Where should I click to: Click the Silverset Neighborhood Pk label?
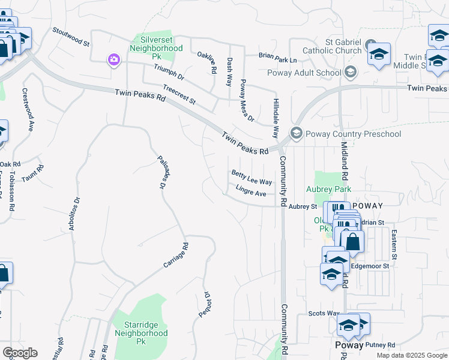pyautogui.click(x=157, y=47)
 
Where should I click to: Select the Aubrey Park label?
pyautogui.click(x=328, y=189)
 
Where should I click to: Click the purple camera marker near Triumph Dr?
pyautogui.click(x=113, y=59)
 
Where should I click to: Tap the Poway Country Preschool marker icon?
pyautogui.click(x=296, y=133)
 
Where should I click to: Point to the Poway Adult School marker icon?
pyautogui.click(x=351, y=73)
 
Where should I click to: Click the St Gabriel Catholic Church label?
pyautogui.click(x=343, y=47)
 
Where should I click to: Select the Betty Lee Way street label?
pyautogui.click(x=252, y=177)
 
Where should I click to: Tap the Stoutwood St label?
pyautogui.click(x=71, y=37)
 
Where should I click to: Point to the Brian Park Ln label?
pyautogui.click(x=278, y=58)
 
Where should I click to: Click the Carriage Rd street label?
pyautogui.click(x=176, y=256)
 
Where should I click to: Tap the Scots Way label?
pyautogui.click(x=324, y=313)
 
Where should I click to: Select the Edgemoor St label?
pyautogui.click(x=370, y=266)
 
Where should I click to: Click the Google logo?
pyautogui.click(x=20, y=353)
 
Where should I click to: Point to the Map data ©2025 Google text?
pyautogui.click(x=411, y=355)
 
